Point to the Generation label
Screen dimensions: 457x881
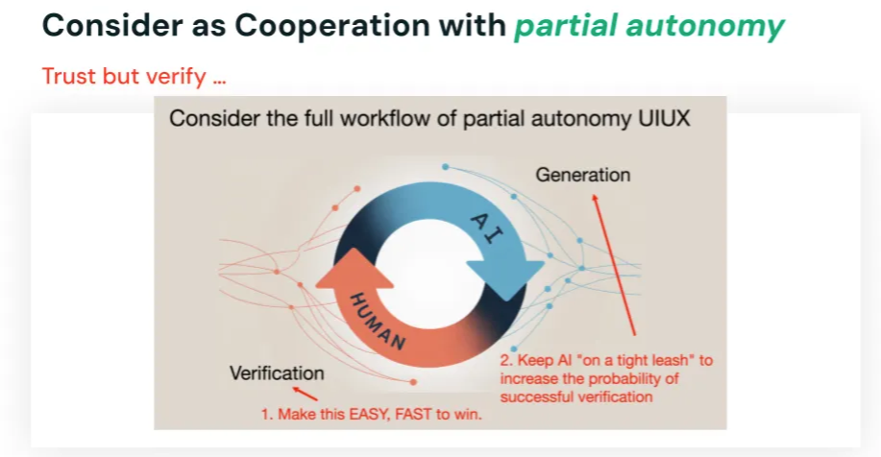click(x=582, y=175)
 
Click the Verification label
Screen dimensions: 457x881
click(x=277, y=373)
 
